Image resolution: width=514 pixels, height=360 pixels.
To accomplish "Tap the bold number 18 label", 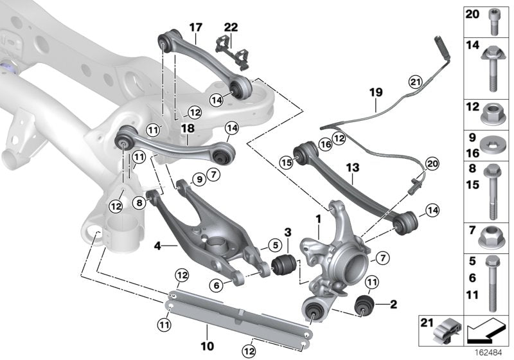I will click(187, 129).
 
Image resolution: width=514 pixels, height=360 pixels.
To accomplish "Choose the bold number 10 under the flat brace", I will click(207, 346).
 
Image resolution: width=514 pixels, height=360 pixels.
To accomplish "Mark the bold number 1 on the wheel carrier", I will click(317, 221).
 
